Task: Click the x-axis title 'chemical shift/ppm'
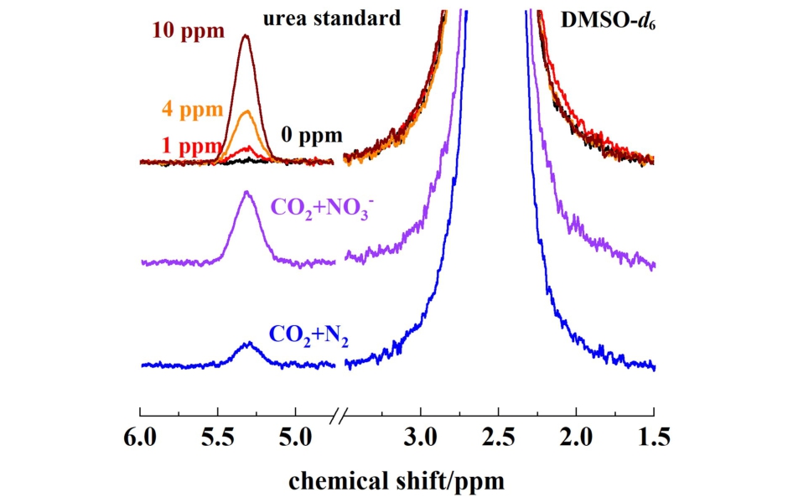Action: (x=397, y=481)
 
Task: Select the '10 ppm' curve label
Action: (x=189, y=32)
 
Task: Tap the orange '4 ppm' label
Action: (x=189, y=109)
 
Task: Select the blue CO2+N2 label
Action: (x=309, y=336)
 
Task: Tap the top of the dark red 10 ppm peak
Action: (x=246, y=35)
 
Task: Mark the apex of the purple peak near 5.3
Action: (x=246, y=192)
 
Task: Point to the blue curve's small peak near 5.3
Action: (x=248, y=343)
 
